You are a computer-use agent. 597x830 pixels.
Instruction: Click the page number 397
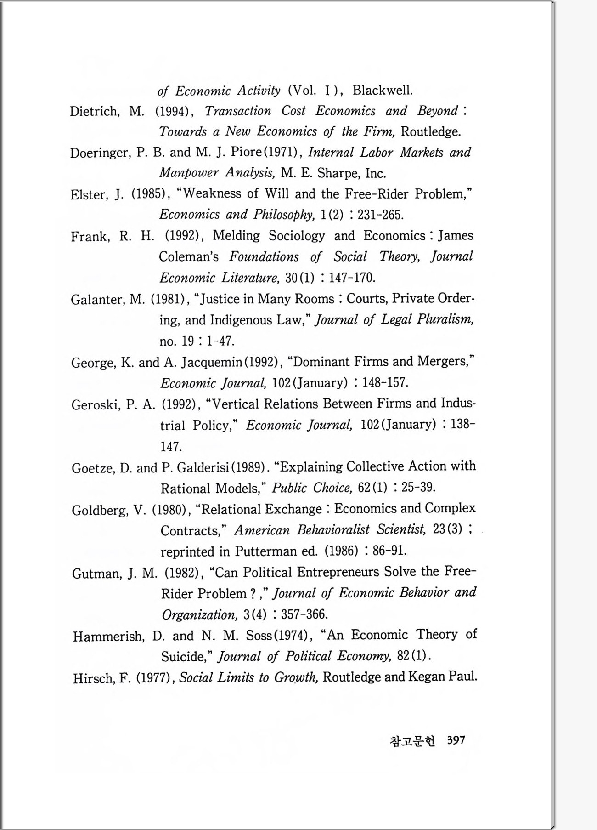click(x=456, y=740)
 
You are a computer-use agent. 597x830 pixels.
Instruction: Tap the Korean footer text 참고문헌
click(x=412, y=741)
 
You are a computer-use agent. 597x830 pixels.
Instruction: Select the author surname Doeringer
click(x=101, y=153)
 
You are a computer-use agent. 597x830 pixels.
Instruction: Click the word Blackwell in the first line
click(x=383, y=90)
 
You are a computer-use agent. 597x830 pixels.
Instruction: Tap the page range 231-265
click(x=381, y=215)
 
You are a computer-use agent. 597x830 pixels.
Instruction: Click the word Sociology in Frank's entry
click(x=297, y=236)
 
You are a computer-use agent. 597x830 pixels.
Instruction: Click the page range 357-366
click(x=304, y=614)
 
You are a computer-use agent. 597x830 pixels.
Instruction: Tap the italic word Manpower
click(x=189, y=173)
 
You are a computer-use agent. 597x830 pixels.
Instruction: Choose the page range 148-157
click(x=385, y=383)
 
